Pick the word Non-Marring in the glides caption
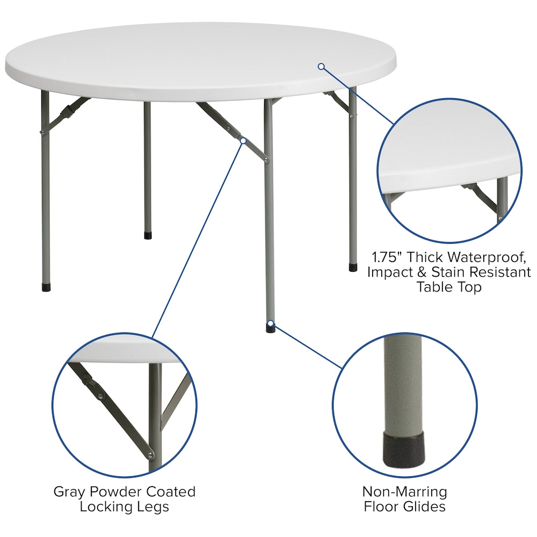pyautogui.click(x=404, y=491)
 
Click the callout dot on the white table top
pyautogui.click(x=321, y=67)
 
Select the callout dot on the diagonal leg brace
pyautogui.click(x=243, y=141)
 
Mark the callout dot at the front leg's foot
pyautogui.click(x=271, y=324)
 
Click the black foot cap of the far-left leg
pyautogui.click(x=46, y=287)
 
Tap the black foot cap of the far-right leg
pyautogui.click(x=353, y=267)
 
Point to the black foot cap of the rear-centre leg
pyautogui.click(x=148, y=235)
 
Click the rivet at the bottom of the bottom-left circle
pyautogui.click(x=151, y=456)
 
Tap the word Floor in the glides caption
pyautogui.click(x=381, y=506)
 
